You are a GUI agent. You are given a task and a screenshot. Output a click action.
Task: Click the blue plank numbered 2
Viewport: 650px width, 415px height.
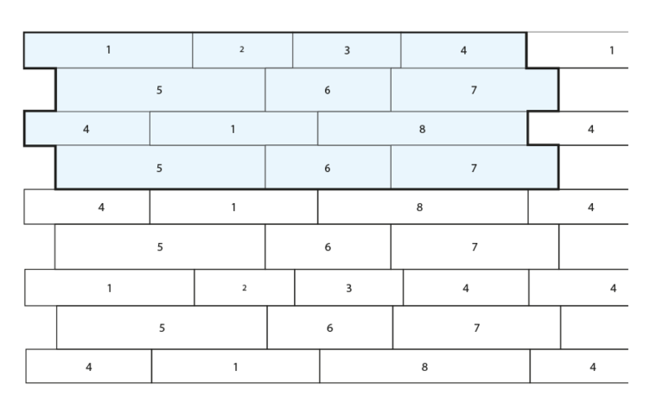click(x=243, y=50)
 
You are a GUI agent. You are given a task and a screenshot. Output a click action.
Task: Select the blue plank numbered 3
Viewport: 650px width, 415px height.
click(x=347, y=50)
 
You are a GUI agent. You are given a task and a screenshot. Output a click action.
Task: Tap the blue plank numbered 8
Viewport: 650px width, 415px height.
click(x=423, y=129)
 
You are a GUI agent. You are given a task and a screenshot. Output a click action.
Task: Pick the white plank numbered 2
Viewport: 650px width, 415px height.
click(x=245, y=288)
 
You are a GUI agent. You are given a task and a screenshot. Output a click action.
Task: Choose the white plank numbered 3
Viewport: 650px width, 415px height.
click(x=349, y=288)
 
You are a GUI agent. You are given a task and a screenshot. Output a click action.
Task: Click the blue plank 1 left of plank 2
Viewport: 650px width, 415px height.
click(x=108, y=50)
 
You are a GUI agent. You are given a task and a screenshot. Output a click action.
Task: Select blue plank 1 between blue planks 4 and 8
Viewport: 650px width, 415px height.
click(x=233, y=129)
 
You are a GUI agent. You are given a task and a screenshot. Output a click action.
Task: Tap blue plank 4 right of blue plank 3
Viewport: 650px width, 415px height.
click(x=463, y=50)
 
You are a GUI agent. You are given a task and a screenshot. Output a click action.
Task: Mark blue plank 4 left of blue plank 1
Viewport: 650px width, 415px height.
click(x=87, y=129)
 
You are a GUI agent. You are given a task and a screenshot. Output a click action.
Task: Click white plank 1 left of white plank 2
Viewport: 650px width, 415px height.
click(x=110, y=288)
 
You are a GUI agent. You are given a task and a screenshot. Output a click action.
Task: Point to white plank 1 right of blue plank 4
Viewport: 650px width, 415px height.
click(x=577, y=50)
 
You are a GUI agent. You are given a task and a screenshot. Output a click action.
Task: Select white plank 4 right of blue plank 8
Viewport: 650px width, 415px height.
click(x=578, y=129)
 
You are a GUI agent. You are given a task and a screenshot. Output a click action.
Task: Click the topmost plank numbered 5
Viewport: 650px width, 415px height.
click(x=161, y=90)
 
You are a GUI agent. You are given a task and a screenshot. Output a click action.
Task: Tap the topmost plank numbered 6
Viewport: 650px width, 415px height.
click(x=328, y=90)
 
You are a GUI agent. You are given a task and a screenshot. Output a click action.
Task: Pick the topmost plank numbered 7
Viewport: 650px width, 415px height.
click(x=475, y=90)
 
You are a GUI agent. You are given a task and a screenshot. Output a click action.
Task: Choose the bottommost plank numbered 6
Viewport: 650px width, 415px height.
click(x=330, y=328)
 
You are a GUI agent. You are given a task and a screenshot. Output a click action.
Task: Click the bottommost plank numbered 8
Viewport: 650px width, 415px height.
click(x=425, y=366)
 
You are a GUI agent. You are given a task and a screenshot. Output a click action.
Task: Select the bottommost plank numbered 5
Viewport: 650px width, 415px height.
click(x=162, y=328)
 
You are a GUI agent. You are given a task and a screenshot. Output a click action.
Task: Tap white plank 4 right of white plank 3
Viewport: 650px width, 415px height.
click(x=466, y=288)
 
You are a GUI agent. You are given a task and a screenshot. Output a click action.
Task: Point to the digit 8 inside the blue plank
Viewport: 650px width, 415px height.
click(x=422, y=130)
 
